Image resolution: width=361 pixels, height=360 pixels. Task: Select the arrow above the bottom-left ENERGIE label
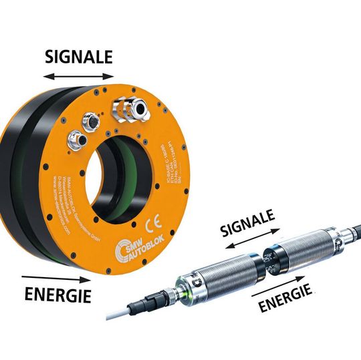[53, 275]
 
